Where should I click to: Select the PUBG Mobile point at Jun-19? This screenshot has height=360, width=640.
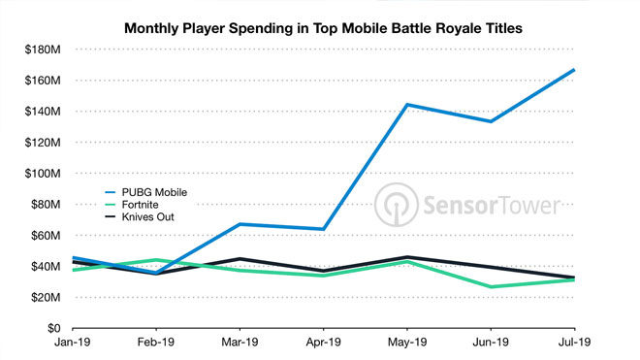click(x=491, y=121)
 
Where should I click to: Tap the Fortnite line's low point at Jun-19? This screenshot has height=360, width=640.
click(x=491, y=286)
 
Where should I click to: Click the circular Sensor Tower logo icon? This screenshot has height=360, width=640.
click(x=396, y=207)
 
